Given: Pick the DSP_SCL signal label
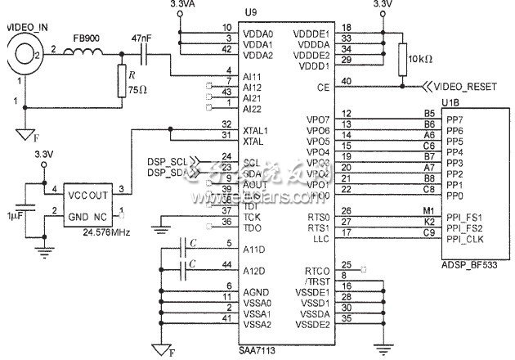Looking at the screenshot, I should click(x=164, y=161).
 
